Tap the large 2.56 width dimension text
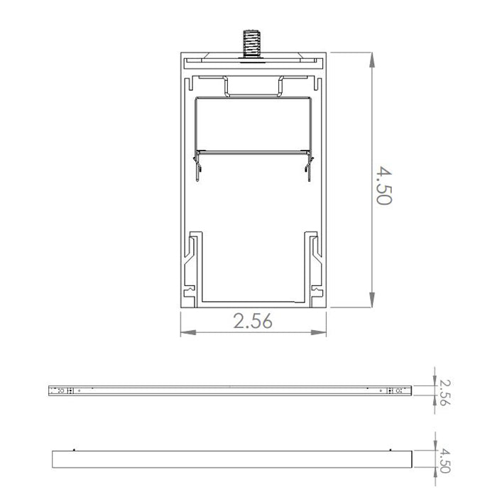[253, 322]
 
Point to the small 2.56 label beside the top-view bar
[444, 391]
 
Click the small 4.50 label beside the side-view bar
[444, 459]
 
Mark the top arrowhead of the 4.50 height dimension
[373, 59]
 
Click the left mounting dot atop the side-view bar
[74, 449]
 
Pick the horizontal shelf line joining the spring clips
[253, 151]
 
